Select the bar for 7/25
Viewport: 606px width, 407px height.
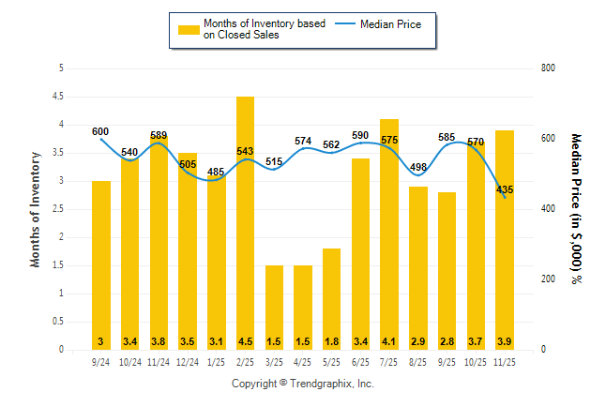coord(389,234)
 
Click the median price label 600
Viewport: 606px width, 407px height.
coord(100,131)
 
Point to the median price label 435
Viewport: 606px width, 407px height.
coord(505,188)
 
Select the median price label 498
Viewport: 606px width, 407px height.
coord(418,168)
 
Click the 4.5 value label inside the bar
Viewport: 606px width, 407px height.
coord(245,341)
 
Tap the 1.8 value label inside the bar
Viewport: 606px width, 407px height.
coord(332,341)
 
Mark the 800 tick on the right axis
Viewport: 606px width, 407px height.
coord(549,68)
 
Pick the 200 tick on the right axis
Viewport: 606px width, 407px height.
coord(549,279)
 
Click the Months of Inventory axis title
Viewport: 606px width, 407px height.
coord(36,209)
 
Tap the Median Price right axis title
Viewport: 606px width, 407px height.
coord(577,209)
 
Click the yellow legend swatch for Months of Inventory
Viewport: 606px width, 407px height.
coord(189,29)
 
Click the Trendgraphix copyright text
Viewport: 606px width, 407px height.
coord(303,384)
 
